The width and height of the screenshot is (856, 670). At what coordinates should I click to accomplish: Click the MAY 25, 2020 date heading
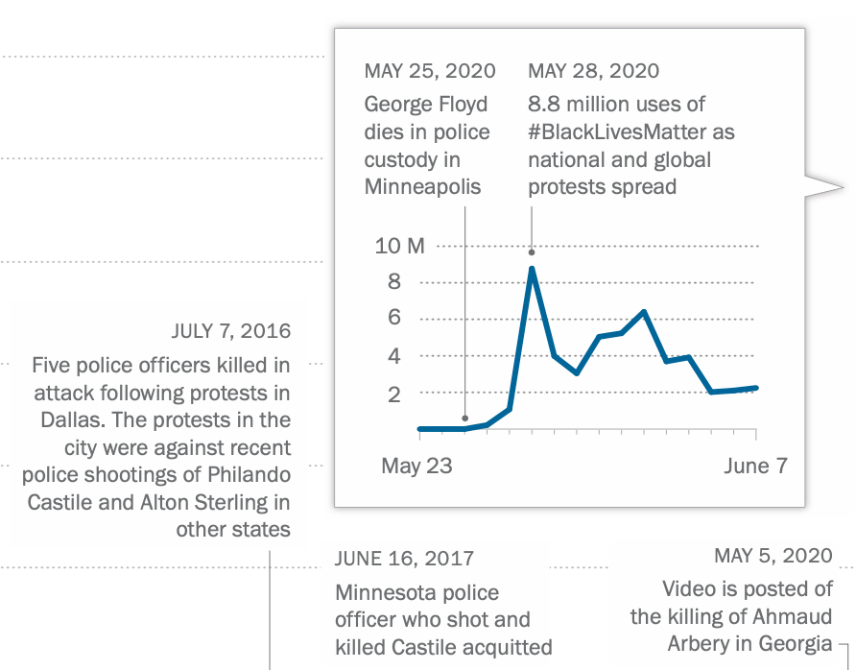click(x=430, y=71)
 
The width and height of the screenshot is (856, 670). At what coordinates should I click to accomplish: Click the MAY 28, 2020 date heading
click(x=594, y=71)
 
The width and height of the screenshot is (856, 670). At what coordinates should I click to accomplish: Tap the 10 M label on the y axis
click(x=399, y=246)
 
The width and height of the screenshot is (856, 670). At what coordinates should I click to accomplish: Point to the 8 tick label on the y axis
click(x=393, y=282)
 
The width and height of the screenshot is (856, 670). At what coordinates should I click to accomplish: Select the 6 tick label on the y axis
click(x=393, y=319)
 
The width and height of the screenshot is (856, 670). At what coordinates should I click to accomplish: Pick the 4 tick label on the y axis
click(x=393, y=356)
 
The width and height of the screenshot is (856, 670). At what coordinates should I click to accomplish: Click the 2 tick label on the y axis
click(x=393, y=394)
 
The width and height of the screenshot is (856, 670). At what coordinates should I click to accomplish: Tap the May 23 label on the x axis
click(x=416, y=467)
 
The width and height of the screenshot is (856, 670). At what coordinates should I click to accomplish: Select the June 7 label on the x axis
click(x=755, y=467)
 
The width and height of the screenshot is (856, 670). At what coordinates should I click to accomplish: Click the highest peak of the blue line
click(x=532, y=269)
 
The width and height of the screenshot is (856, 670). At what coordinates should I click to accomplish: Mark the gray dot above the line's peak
click(x=532, y=252)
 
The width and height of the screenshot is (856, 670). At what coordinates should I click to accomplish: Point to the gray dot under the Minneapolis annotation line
click(x=464, y=419)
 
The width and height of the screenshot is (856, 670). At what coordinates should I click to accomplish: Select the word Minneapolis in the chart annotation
click(x=422, y=187)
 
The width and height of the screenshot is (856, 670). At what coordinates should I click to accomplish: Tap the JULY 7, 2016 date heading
click(x=230, y=332)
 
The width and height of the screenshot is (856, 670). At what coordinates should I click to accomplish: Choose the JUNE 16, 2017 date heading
click(x=404, y=559)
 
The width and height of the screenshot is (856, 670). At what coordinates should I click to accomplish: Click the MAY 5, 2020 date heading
click(x=773, y=556)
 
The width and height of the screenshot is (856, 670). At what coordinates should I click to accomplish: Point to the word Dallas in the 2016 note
click(x=69, y=420)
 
